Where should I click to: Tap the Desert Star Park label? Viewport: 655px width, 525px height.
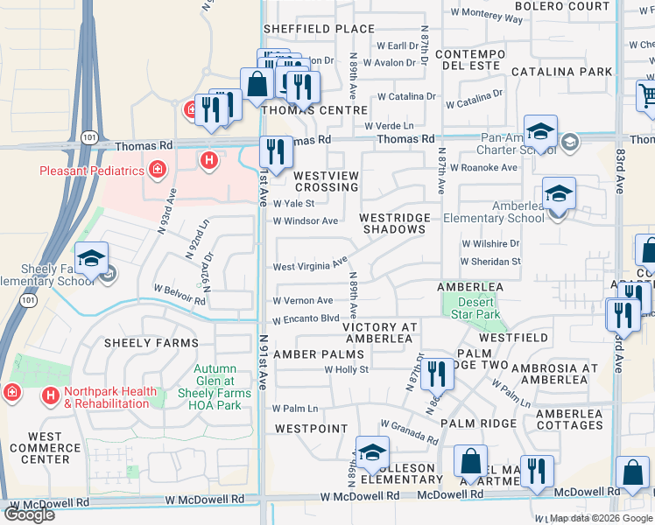click(x=477, y=308)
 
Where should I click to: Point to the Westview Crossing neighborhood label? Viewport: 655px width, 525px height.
click(x=326, y=181)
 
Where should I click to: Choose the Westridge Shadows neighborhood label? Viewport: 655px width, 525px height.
click(x=392, y=223)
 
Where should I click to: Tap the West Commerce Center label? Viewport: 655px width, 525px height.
click(x=45, y=447)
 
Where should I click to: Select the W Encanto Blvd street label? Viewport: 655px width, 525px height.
click(x=305, y=320)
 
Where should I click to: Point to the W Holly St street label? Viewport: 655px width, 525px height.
click(x=347, y=370)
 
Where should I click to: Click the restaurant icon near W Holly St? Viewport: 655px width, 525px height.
click(x=436, y=374)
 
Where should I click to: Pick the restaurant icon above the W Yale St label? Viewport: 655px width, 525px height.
click(x=276, y=151)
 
